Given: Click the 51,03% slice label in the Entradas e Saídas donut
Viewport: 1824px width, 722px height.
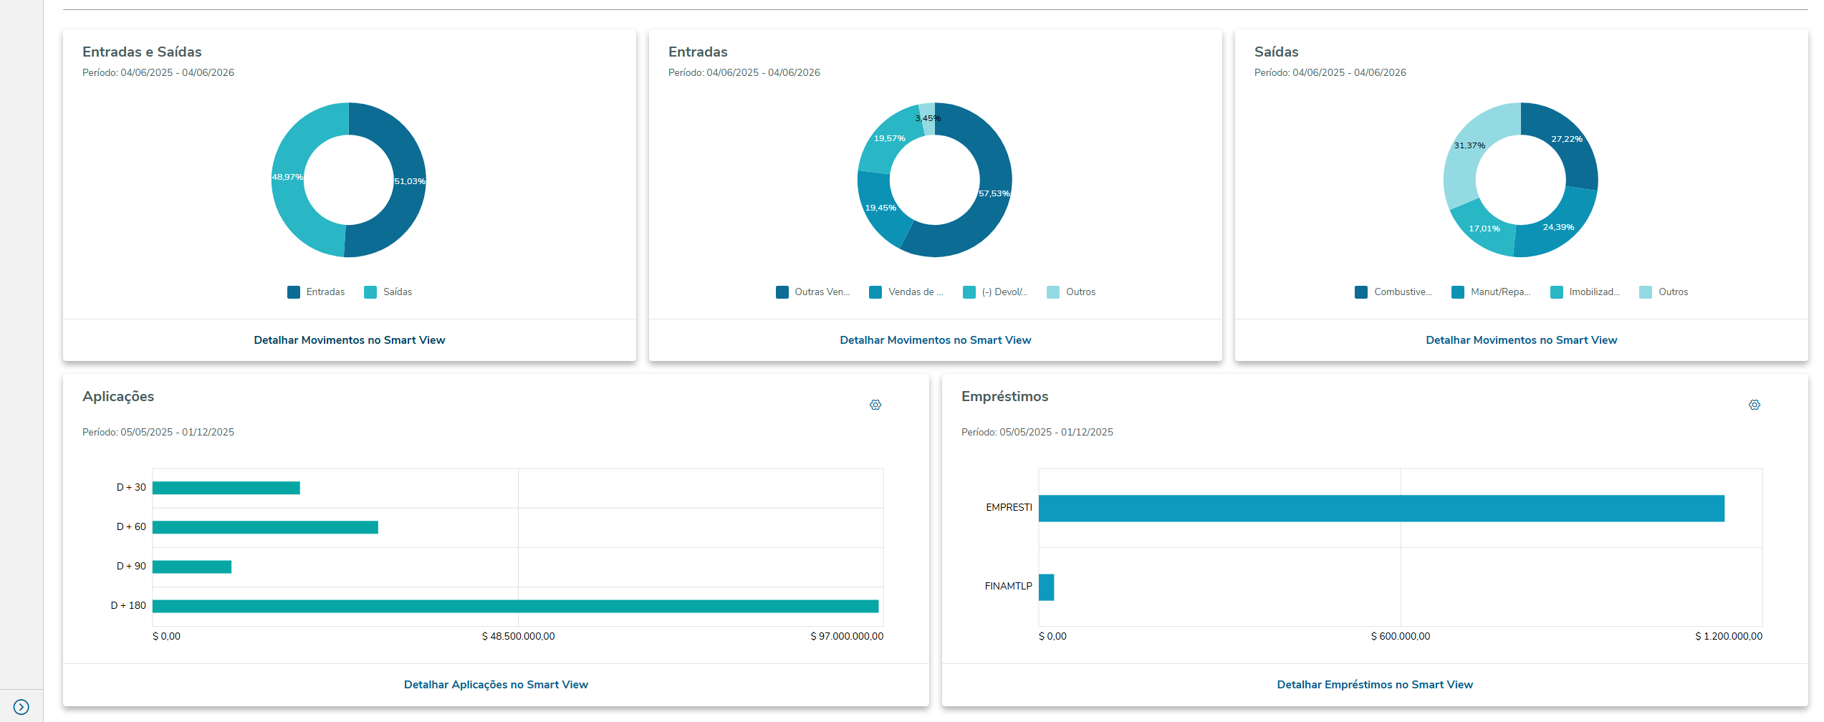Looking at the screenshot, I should click(410, 181).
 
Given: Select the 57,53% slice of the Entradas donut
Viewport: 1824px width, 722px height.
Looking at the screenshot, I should click(994, 193).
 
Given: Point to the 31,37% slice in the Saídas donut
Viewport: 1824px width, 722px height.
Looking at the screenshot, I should click(1469, 145).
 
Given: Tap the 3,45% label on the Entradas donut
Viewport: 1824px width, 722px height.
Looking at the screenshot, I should click(928, 118).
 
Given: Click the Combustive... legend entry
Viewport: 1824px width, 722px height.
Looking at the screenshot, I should click(1393, 292).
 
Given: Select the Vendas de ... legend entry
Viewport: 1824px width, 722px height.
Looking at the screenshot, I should click(906, 292).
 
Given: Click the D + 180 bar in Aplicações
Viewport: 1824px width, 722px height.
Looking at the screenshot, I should click(515, 606).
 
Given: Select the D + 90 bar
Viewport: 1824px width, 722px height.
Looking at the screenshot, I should click(192, 567).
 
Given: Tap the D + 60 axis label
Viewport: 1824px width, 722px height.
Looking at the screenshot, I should click(131, 527).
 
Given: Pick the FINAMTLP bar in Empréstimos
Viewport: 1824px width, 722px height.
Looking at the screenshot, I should click(1046, 587).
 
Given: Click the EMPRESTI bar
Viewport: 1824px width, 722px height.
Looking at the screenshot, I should click(1381, 509).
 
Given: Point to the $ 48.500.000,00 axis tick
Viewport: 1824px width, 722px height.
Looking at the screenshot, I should click(518, 636).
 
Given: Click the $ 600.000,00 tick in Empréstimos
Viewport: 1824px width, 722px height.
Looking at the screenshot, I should click(1400, 636).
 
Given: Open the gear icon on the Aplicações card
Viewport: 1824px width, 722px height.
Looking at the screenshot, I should click(875, 405).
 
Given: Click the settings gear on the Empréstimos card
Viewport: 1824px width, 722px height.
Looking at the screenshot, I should click(1755, 405).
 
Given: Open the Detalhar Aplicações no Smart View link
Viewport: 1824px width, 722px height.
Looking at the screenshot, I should click(496, 685).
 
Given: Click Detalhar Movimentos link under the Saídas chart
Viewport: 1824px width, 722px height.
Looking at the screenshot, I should click(1521, 340).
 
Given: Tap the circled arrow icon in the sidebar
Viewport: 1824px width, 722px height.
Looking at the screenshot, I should click(21, 707).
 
